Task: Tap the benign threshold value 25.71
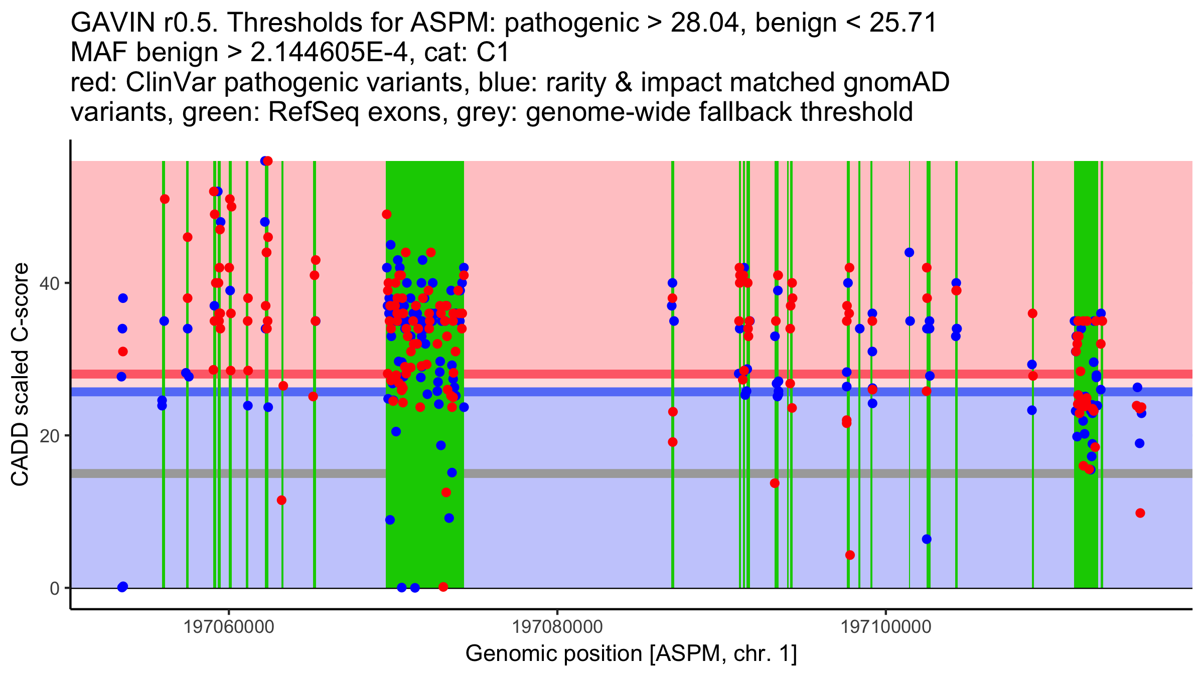click(x=903, y=23)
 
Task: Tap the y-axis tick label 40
click(x=49, y=283)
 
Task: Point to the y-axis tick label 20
click(x=49, y=436)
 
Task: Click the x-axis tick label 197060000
click(x=229, y=627)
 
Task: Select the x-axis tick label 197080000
click(x=557, y=627)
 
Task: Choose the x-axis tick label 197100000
click(x=886, y=627)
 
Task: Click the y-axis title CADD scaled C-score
click(x=20, y=375)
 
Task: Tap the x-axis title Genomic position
click(x=553, y=654)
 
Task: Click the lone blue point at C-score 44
click(x=909, y=252)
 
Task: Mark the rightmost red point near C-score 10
click(x=1140, y=513)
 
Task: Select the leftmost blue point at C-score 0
click(x=122, y=587)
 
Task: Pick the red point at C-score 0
click(x=443, y=587)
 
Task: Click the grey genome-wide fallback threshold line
click(x=602, y=473)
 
